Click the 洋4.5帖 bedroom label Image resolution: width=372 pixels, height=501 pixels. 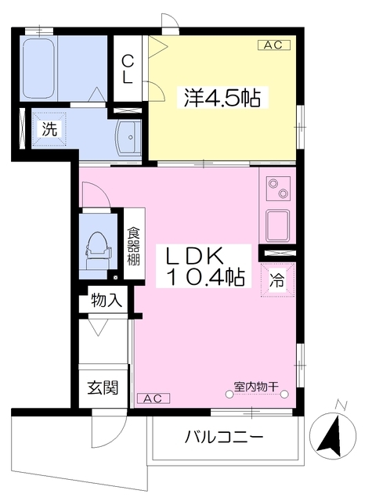222,98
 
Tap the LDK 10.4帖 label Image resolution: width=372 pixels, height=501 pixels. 204,267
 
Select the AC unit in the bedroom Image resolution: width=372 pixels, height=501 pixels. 274,45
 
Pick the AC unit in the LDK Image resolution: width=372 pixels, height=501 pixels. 153,398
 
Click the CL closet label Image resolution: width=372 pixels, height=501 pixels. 128,70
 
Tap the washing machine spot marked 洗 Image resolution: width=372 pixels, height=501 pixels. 49,129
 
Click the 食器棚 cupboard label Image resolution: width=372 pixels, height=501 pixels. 134,247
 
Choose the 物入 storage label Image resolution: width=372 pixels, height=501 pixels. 107,301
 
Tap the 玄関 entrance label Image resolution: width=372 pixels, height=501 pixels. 103,387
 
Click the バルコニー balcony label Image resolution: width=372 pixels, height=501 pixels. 224,437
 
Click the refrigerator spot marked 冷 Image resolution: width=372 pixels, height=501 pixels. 276,280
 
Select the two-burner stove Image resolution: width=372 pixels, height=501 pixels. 278,188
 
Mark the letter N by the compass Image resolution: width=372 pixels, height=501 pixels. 341,405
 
